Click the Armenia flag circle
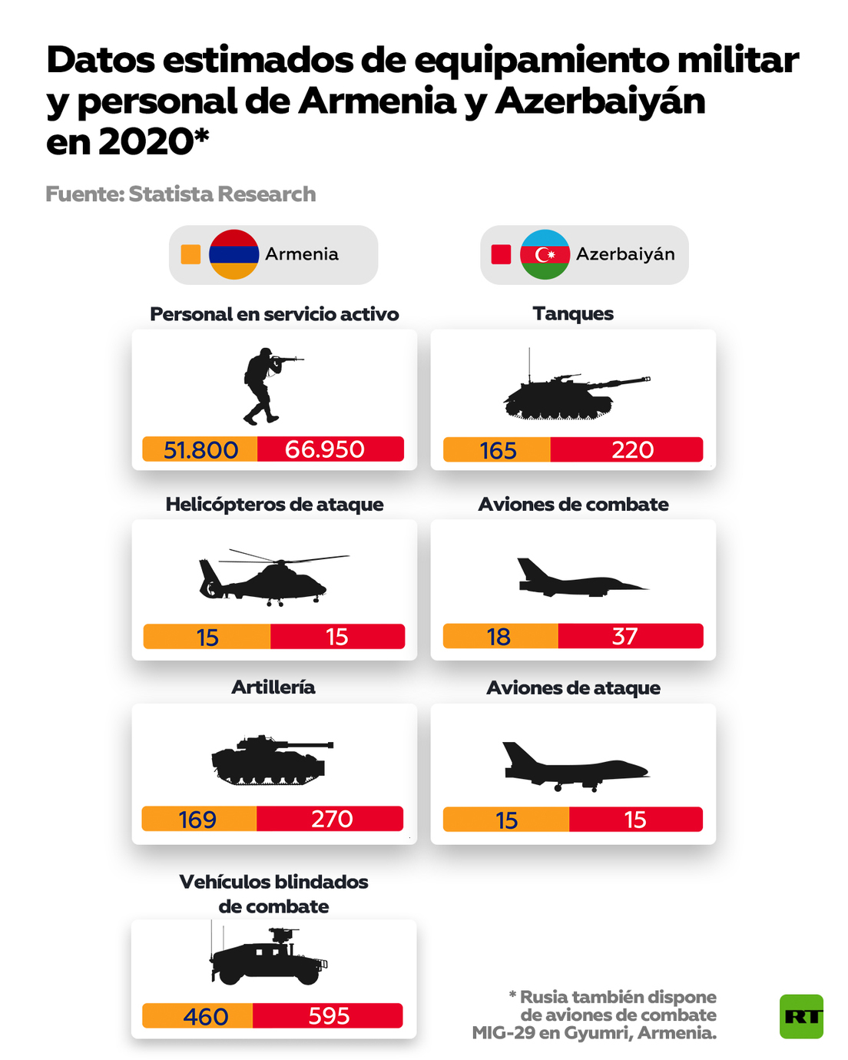[234, 254]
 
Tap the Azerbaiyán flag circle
[545, 254]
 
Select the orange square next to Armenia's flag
[190, 254]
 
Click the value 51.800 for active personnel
[200, 449]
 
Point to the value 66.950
[325, 449]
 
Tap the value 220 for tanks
[632, 449]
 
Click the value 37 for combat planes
[624, 636]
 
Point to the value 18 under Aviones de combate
[499, 637]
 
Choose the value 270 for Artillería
[332, 819]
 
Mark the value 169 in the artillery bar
[197, 820]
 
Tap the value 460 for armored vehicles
[206, 1016]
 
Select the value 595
[329, 1015]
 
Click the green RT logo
[801, 1016]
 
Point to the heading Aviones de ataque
[573, 687]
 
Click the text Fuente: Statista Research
[181, 194]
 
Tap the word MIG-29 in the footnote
[503, 1033]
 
